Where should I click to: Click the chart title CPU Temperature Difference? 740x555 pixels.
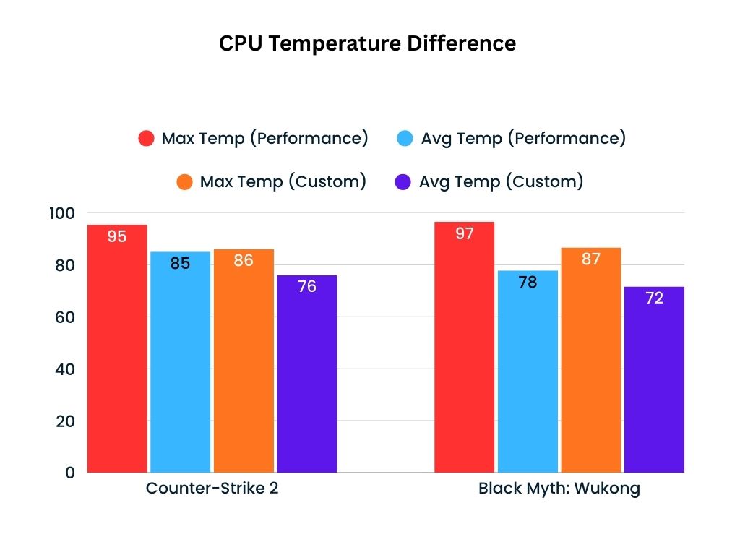click(x=367, y=44)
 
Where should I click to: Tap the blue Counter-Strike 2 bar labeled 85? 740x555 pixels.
click(x=180, y=361)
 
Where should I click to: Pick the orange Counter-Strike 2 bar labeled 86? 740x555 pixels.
click(x=244, y=361)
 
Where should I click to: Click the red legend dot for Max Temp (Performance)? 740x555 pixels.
click(x=147, y=139)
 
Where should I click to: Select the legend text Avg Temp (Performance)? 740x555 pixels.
click(x=523, y=138)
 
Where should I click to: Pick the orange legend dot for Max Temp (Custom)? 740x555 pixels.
click(x=185, y=182)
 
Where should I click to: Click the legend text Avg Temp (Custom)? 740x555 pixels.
click(x=501, y=181)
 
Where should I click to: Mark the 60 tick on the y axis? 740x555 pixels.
click(x=64, y=317)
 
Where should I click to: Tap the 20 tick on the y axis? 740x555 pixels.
click(x=64, y=421)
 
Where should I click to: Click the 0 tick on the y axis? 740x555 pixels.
click(x=69, y=473)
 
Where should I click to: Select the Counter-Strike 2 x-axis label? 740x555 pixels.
click(x=212, y=488)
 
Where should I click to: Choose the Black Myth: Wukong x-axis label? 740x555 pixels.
click(x=559, y=488)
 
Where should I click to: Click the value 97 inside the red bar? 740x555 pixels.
click(x=464, y=233)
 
